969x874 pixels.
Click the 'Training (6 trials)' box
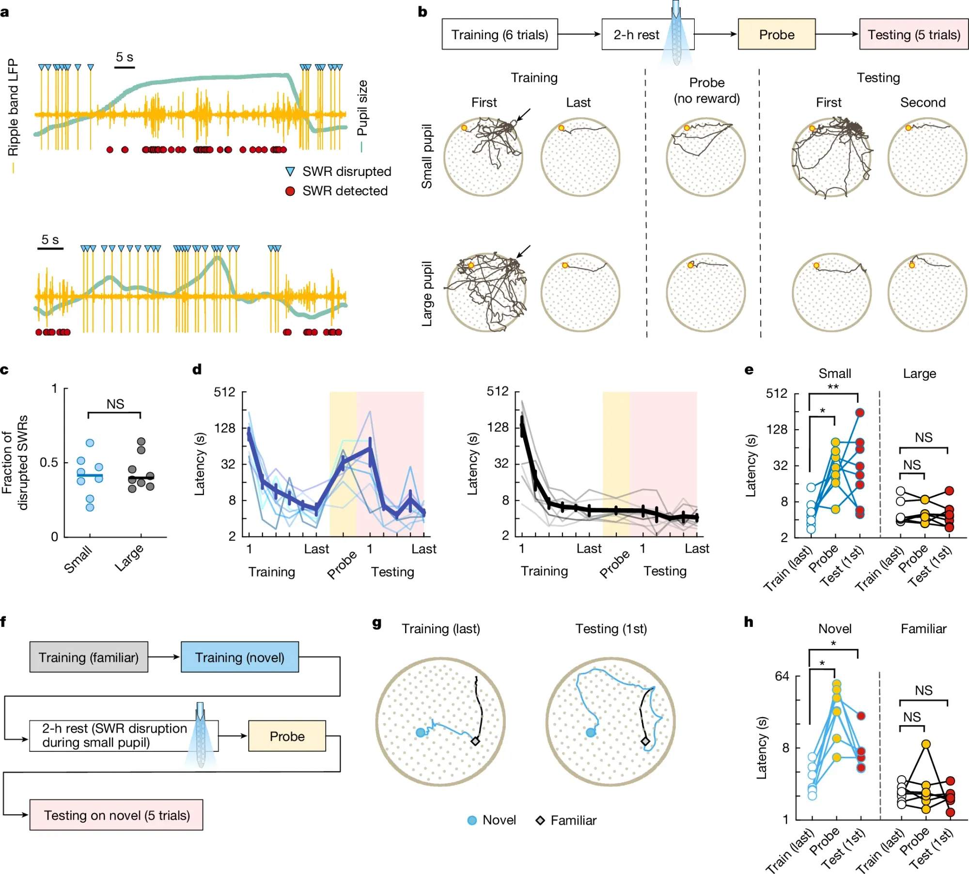click(x=500, y=34)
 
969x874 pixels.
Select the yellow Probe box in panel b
click(x=776, y=34)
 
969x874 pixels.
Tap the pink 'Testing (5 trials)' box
click(x=913, y=34)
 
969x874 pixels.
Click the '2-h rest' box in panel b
click(x=636, y=34)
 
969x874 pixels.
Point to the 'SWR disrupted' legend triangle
click(x=290, y=172)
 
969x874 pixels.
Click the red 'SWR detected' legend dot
click(x=290, y=191)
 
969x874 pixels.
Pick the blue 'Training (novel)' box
click(x=239, y=657)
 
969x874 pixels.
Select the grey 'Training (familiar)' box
click(x=89, y=657)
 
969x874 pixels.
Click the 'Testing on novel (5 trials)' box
click(x=116, y=815)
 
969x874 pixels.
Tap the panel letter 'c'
click(x=4, y=370)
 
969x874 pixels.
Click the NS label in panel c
click(x=115, y=404)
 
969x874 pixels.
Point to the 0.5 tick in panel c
click(x=48, y=462)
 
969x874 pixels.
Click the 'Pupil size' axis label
click(x=362, y=108)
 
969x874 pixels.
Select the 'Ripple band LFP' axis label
click(x=13, y=108)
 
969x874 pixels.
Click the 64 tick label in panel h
click(x=781, y=676)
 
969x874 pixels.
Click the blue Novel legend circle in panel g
click(x=472, y=820)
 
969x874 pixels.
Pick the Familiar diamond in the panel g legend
click(x=540, y=820)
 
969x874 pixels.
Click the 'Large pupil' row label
click(x=426, y=294)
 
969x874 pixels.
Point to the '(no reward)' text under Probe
click(x=706, y=98)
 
